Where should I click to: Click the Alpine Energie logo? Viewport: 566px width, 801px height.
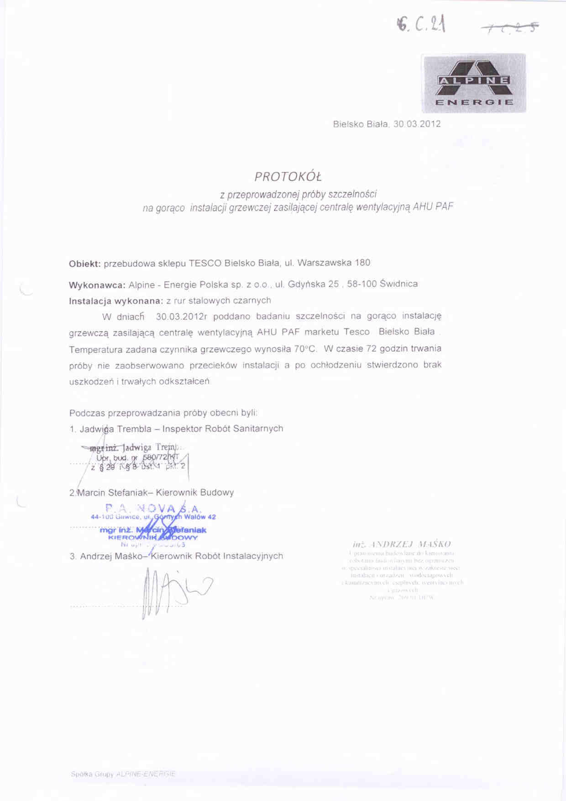473,83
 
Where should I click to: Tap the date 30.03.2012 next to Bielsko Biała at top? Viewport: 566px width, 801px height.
417,124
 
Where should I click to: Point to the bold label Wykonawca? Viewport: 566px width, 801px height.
97,285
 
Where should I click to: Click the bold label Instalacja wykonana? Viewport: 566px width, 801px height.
115,301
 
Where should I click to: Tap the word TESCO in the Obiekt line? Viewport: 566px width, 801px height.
205,263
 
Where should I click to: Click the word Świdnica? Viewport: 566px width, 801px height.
398,284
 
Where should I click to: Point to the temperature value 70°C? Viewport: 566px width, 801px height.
305,349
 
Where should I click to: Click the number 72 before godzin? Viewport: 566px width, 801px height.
371,349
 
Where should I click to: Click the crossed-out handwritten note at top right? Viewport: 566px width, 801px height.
510,28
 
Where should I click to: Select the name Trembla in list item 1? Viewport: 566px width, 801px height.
134,429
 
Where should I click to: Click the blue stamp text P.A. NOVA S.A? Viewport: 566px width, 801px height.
153,508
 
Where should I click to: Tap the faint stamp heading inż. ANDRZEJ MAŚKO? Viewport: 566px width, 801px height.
402,544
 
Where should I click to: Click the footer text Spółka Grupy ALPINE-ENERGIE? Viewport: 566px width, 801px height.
123,774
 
